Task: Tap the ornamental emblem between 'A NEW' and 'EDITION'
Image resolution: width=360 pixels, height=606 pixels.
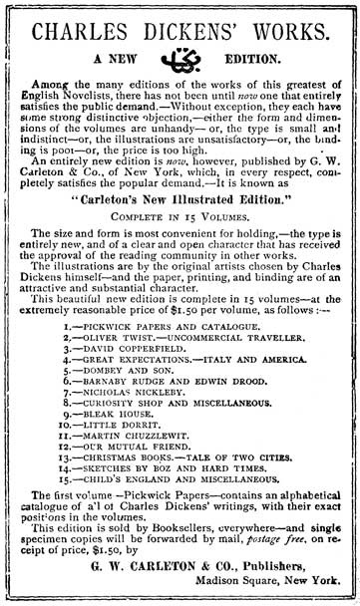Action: (x=180, y=71)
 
